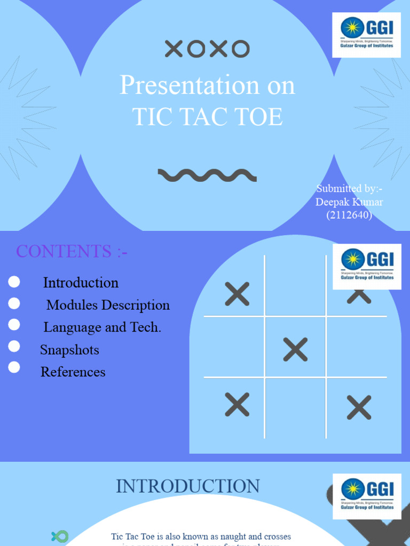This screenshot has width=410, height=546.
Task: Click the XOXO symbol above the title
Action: point(207,49)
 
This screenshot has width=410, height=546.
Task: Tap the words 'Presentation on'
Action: point(207,85)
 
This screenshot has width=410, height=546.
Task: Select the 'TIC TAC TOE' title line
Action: point(207,116)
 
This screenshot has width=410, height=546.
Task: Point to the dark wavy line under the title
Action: point(207,175)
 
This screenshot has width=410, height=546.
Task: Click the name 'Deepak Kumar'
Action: point(349,202)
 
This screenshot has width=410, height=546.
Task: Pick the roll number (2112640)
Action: point(349,215)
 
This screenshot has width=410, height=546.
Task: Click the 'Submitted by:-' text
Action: point(349,189)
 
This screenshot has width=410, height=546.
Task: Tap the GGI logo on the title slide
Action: point(366,35)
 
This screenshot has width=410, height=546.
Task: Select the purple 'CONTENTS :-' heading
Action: point(72,251)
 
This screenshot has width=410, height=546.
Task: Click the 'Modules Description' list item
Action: point(108,305)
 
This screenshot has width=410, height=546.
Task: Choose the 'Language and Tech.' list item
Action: point(102,327)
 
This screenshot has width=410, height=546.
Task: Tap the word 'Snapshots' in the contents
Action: point(69,350)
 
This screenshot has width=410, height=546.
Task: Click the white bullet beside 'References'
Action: point(14,367)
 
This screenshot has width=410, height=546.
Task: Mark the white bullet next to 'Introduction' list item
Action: point(14,282)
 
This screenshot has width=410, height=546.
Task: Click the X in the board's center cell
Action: point(295,349)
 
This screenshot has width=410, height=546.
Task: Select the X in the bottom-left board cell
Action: point(237,404)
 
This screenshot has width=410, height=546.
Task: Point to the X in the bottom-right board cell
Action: point(359,407)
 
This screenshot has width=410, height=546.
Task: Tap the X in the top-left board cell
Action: point(237,294)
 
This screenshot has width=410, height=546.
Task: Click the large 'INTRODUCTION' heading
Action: point(188,486)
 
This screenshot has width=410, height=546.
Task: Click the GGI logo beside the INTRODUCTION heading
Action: point(366,495)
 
